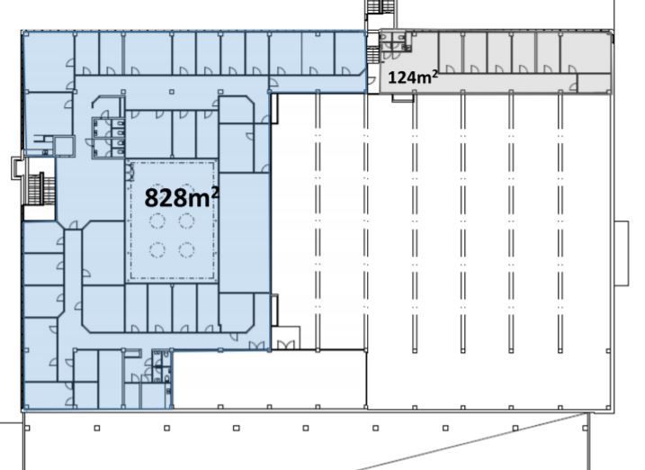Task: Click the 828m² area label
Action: [182, 196]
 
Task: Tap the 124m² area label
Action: [413, 77]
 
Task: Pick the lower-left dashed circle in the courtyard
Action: [157, 249]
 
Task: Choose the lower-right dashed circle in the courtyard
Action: [186, 249]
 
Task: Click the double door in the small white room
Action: [286, 345]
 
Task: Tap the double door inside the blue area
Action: [256, 346]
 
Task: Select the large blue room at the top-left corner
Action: [49, 61]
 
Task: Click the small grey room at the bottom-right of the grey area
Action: [594, 84]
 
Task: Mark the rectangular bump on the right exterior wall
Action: [621, 253]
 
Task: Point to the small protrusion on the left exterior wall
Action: [18, 167]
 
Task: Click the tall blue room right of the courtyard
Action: [245, 232]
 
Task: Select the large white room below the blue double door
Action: [269, 379]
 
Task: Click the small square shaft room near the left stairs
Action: [65, 146]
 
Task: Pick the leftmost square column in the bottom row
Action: [27, 428]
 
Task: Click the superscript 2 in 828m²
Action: [215, 192]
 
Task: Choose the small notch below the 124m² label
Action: [403, 98]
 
